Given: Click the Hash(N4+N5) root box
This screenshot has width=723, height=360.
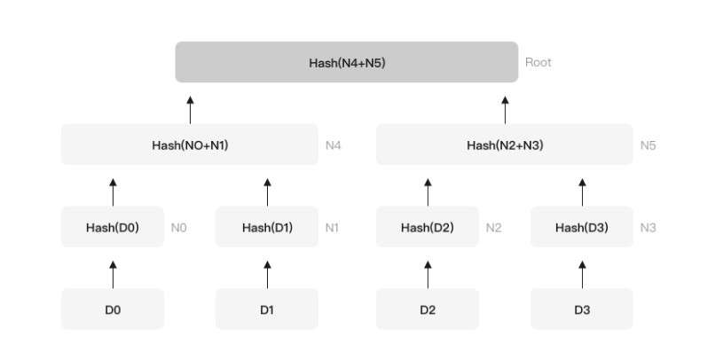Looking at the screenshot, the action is click(347, 62).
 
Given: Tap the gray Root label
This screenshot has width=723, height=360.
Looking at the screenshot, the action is click(538, 62).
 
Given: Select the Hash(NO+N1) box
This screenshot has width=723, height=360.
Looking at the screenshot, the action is click(190, 145).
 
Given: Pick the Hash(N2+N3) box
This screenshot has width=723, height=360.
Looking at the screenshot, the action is click(505, 145).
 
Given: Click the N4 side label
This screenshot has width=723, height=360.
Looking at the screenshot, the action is click(333, 145).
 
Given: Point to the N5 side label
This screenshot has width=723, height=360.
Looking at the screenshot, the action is click(648, 145).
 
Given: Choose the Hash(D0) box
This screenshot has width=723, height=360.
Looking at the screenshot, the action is click(113, 227).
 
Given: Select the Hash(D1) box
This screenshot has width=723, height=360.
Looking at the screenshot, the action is click(267, 227).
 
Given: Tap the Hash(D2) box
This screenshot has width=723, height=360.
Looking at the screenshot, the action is click(428, 227).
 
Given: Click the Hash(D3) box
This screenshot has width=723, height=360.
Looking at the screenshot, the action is click(582, 227).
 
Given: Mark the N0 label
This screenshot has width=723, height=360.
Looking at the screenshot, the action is click(179, 228).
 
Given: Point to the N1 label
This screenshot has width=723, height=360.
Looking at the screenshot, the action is click(332, 228).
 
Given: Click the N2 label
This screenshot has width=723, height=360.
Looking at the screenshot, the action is click(493, 228).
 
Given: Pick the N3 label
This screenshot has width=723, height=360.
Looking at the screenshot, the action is click(648, 228).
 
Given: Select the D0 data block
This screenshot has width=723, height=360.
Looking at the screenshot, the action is click(113, 309).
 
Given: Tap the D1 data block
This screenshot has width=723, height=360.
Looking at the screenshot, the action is click(267, 309).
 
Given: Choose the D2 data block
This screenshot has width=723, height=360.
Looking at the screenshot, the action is click(428, 309).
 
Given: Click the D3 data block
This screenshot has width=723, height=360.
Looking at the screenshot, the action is click(582, 309).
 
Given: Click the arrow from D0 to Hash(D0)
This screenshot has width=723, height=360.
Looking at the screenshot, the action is click(113, 275).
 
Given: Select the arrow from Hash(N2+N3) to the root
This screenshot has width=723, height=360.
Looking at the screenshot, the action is click(505, 110).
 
